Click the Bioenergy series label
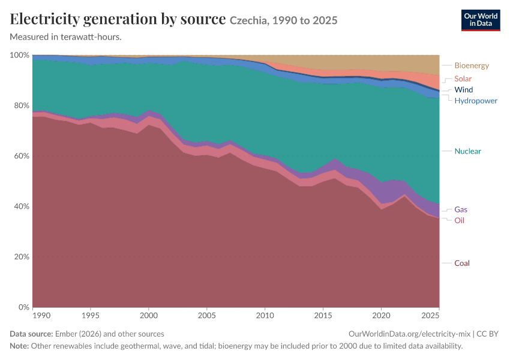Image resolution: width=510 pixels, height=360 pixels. click(472, 65)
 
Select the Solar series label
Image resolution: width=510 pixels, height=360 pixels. click(463, 79)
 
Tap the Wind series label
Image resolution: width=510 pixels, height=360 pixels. click(463, 90)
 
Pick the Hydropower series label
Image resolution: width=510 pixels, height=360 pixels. click(476, 101)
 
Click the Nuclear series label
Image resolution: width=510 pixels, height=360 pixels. click(468, 151)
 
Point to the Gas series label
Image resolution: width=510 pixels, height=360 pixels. click(461, 209)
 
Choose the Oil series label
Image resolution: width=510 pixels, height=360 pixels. click(459, 220)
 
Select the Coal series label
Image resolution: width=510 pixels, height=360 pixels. click(462, 263)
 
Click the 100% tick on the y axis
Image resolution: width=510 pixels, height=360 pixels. click(20, 55)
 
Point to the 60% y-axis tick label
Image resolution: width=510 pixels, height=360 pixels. click(22, 156)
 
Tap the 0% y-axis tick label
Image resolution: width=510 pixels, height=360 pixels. click(24, 307)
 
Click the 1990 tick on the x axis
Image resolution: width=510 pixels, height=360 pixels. click(41, 316)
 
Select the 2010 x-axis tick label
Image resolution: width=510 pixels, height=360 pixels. click(265, 316)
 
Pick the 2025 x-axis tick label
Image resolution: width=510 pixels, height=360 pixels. click(430, 316)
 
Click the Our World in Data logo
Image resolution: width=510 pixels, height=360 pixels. click(481, 20)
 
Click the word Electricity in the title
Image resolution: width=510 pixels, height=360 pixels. click(44, 19)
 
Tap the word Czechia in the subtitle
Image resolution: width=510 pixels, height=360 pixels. click(249, 20)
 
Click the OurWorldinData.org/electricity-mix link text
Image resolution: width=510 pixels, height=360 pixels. click(409, 334)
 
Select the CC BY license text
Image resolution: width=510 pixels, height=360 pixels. click(488, 334)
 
